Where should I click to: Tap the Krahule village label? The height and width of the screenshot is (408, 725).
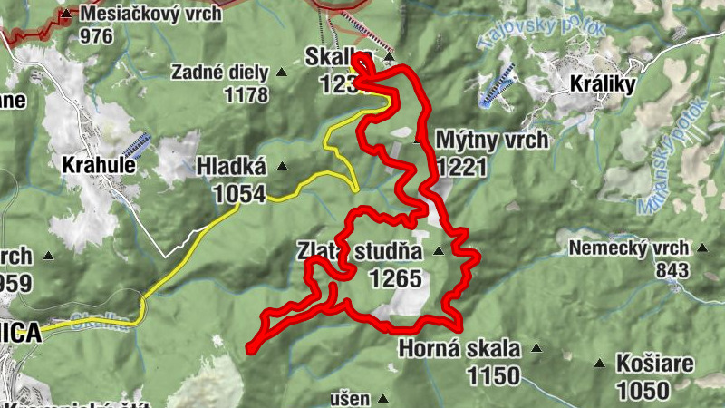99,166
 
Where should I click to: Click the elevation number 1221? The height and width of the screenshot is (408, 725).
462,166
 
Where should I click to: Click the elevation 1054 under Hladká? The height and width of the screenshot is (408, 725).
240,193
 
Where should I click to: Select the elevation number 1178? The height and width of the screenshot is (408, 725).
244,94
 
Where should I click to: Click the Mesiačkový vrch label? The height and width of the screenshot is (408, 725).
151,15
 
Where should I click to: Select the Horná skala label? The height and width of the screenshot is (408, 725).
459,349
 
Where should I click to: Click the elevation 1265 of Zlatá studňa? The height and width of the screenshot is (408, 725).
395,278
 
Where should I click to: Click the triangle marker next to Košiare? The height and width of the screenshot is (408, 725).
599,364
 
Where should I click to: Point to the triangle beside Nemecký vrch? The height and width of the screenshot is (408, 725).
701,248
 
